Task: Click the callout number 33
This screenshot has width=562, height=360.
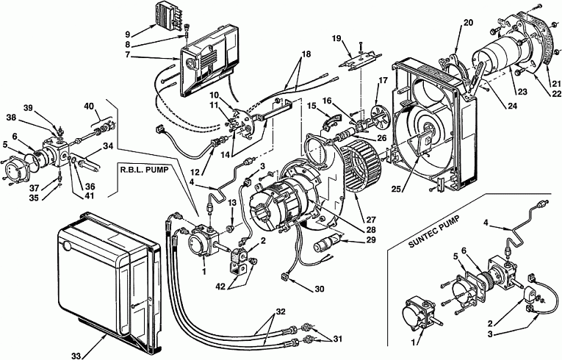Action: (76, 356)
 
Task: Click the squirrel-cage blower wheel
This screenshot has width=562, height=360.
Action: (361, 165)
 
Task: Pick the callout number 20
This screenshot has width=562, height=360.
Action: (468, 23)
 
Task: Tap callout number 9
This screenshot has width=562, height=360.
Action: (128, 35)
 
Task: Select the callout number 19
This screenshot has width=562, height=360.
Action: (336, 38)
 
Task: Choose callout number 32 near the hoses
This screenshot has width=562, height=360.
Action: (281, 312)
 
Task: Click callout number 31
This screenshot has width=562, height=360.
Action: (337, 338)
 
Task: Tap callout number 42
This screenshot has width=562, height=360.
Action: (221, 286)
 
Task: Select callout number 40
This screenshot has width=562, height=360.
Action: (89, 106)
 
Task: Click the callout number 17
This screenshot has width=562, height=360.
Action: (383, 80)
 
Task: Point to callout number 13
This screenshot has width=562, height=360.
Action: (232, 203)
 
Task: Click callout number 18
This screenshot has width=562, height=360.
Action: (306, 54)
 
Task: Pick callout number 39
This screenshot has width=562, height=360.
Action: (28, 108)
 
